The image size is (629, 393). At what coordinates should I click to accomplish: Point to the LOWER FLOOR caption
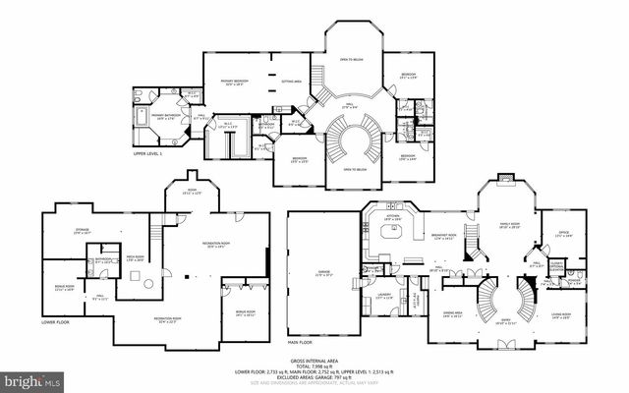click(55, 321)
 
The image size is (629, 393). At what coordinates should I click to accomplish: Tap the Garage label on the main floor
click(321, 274)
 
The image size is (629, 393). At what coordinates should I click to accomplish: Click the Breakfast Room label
click(446, 237)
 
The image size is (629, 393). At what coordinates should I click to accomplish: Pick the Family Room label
click(510, 225)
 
